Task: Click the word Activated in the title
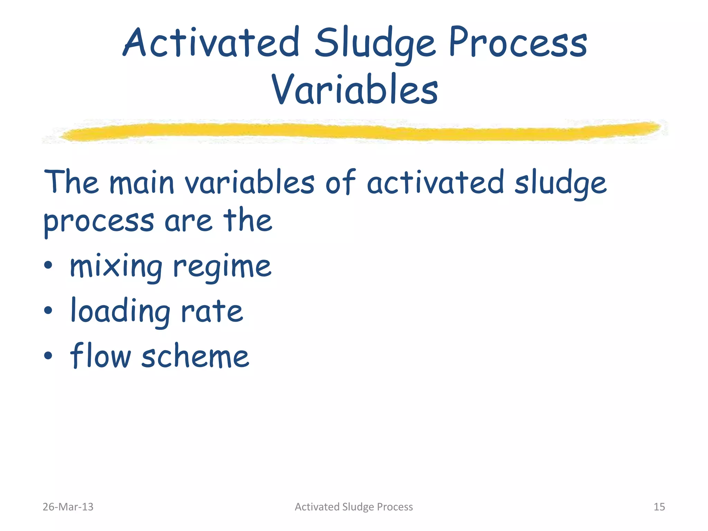point(211,43)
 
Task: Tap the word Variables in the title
point(355,90)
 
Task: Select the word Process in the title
point(518,43)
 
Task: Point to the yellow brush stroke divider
point(360,132)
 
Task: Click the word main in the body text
point(142,183)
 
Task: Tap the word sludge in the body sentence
point(560,183)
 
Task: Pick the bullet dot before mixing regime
point(48,265)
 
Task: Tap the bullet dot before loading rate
point(48,310)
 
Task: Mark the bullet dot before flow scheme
point(48,355)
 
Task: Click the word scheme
point(195,356)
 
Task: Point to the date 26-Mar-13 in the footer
point(68,507)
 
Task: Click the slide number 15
point(659,507)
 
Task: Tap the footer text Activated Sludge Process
point(354,507)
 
